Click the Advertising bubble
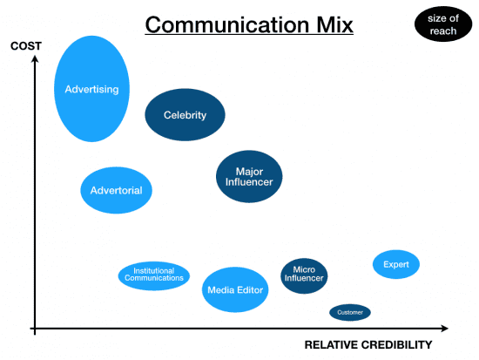pyautogui.click(x=91, y=89)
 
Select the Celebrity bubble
pyautogui.click(x=185, y=115)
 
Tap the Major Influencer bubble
pyautogui.click(x=249, y=176)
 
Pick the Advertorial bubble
pyautogui.click(x=117, y=189)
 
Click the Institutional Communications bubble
pyautogui.click(x=154, y=275)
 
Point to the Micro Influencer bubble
pyautogui.click(x=304, y=275)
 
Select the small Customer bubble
pyautogui.click(x=350, y=312)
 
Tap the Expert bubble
pyautogui.click(x=396, y=264)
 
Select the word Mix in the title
pyautogui.click(x=330, y=25)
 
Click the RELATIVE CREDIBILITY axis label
pyautogui.click(x=368, y=345)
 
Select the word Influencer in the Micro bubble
pyautogui.click(x=304, y=279)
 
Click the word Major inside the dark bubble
pyautogui.click(x=249, y=171)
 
